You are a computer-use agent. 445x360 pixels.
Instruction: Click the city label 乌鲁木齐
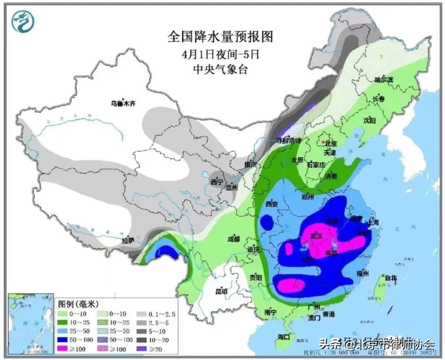(x=123, y=104)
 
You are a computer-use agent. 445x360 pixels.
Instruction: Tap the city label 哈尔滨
(x=384, y=80)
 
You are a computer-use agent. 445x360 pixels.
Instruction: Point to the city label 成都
(x=234, y=239)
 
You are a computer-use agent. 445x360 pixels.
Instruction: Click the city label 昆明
(x=221, y=292)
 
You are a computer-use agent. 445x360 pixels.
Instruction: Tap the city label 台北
(x=390, y=278)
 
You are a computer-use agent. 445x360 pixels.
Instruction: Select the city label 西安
(x=272, y=203)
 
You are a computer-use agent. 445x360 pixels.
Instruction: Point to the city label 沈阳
(x=370, y=121)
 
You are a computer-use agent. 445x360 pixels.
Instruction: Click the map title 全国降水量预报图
(x=220, y=37)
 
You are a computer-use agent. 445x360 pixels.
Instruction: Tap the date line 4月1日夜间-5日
(x=220, y=54)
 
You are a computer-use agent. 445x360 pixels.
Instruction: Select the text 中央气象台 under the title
(x=220, y=70)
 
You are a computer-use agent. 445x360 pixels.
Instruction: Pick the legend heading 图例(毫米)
(x=77, y=305)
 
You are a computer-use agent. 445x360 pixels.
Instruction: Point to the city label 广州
(x=314, y=307)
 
